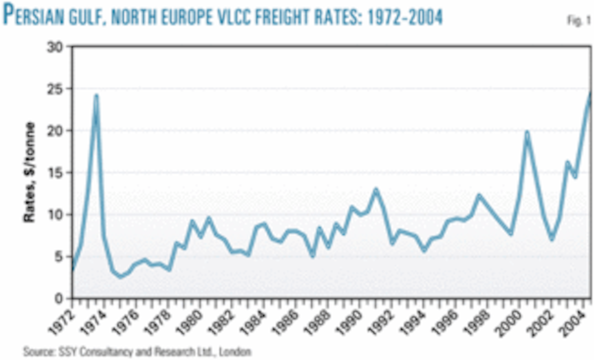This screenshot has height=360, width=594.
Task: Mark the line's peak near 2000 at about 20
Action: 527,132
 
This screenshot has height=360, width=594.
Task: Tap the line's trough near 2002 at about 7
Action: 552,239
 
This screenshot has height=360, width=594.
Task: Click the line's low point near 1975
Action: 120,276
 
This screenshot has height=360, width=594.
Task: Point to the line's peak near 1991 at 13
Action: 376,190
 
